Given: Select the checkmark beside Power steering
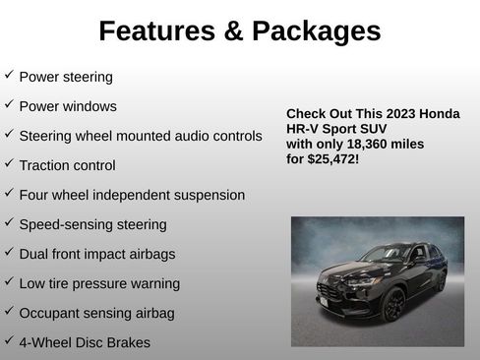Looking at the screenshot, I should coord(9,75).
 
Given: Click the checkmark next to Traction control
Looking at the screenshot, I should coord(9,164).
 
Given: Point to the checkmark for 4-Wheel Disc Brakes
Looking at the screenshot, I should coord(9,342).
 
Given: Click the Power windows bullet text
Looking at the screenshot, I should coord(68,106).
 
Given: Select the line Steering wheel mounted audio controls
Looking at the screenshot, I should coord(141,136).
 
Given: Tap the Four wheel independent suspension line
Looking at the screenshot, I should coord(132,195).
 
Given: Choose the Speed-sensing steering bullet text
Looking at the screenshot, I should coord(92,224).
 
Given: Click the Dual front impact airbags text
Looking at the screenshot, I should coord(96,254).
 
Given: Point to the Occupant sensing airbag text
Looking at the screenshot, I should coord(96,313).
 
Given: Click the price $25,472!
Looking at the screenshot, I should coord(332,157).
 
